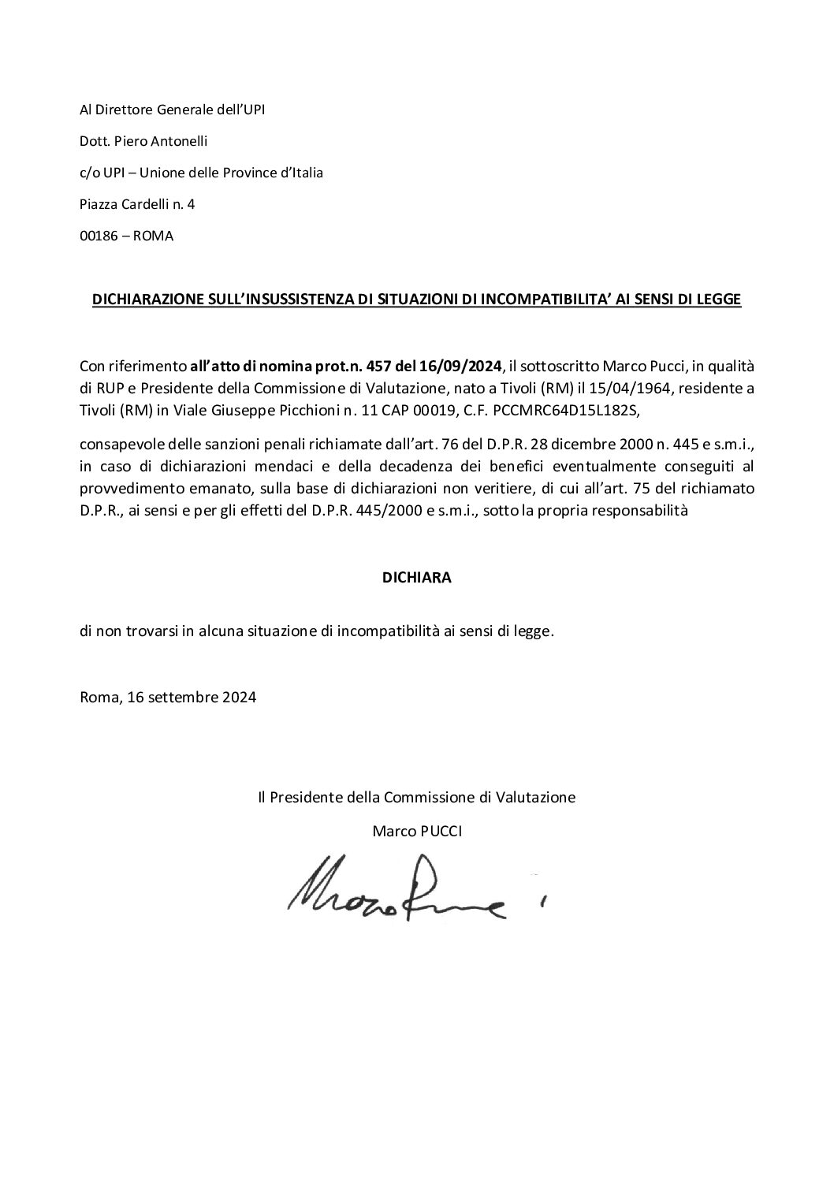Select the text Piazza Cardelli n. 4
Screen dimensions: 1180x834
(137, 204)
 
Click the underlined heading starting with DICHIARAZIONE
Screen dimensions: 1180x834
(417, 300)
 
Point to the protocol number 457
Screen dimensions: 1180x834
(369, 366)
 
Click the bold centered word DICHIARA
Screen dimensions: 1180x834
(416, 577)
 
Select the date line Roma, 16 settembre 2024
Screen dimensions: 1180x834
(168, 697)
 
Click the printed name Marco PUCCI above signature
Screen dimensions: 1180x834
(416, 831)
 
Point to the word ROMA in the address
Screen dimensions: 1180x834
(153, 236)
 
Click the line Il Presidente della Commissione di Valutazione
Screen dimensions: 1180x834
(416, 797)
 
